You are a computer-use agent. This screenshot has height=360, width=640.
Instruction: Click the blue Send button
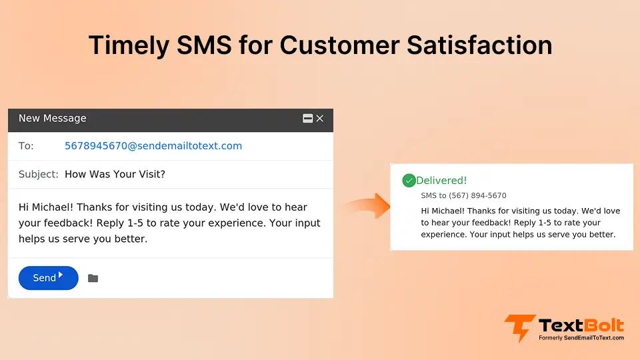click(48, 278)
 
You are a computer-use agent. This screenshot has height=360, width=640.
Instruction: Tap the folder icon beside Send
click(93, 278)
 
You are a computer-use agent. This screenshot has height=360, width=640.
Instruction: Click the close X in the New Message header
click(320, 119)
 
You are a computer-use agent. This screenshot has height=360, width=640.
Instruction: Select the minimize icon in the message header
click(308, 119)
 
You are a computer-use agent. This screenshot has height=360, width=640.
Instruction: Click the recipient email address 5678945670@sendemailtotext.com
click(153, 146)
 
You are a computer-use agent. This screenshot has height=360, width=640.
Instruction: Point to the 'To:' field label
click(26, 146)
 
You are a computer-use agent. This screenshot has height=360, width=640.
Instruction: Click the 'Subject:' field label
click(39, 174)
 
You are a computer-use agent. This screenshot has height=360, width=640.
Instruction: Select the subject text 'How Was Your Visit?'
click(115, 174)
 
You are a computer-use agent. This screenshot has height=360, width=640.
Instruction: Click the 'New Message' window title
click(53, 118)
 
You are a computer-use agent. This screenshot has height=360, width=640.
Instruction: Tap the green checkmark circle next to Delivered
click(409, 181)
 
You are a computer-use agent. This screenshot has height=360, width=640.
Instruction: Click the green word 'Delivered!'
click(441, 181)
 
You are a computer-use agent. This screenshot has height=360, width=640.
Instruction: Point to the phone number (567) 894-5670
click(477, 196)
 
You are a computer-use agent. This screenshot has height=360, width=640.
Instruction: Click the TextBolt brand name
click(581, 325)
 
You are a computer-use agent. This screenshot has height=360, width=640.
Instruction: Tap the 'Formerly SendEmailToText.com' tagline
click(581, 338)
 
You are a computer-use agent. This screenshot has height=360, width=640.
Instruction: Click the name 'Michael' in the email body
click(52, 207)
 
